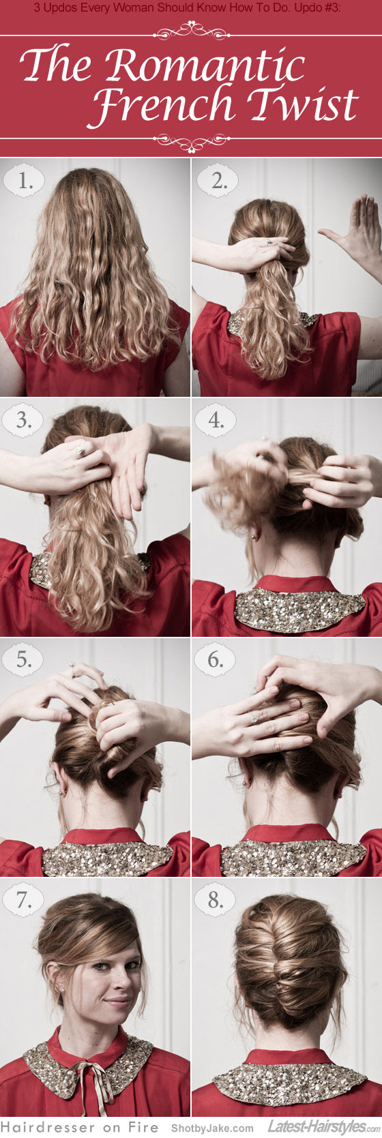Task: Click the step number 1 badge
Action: click(25, 181)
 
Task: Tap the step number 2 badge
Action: click(218, 181)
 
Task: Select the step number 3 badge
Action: click(25, 421)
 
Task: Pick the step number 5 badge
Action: click(25, 660)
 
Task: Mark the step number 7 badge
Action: click(25, 900)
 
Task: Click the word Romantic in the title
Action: click(205, 66)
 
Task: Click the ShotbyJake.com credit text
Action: click(212, 1128)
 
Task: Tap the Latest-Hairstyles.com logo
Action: click(321, 1127)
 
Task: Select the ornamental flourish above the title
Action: click(190, 31)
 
